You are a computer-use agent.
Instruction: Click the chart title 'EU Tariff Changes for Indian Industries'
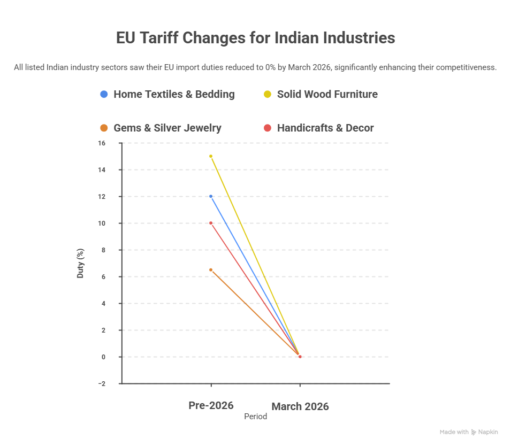(x=255, y=38)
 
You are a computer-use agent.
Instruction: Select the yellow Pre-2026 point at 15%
(x=211, y=156)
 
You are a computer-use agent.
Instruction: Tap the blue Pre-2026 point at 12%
(x=211, y=196)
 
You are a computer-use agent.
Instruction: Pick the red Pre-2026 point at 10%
(x=211, y=223)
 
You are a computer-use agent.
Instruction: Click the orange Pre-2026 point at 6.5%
(x=211, y=270)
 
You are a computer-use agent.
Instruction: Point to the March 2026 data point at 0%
(x=300, y=357)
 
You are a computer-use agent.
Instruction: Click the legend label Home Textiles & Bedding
(x=174, y=94)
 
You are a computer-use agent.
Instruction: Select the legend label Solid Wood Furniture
(x=327, y=94)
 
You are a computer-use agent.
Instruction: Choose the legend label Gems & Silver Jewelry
(x=167, y=128)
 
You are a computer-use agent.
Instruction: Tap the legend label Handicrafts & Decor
(x=325, y=128)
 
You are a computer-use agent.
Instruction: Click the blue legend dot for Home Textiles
(x=104, y=94)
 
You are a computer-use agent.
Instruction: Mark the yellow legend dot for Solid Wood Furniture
(x=267, y=94)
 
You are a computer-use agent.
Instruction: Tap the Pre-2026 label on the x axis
(x=211, y=405)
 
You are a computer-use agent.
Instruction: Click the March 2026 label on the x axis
(x=300, y=406)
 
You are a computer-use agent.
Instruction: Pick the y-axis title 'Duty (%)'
(x=81, y=263)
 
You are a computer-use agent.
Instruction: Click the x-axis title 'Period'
(x=255, y=417)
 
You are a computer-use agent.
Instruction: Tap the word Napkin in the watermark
(x=487, y=432)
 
